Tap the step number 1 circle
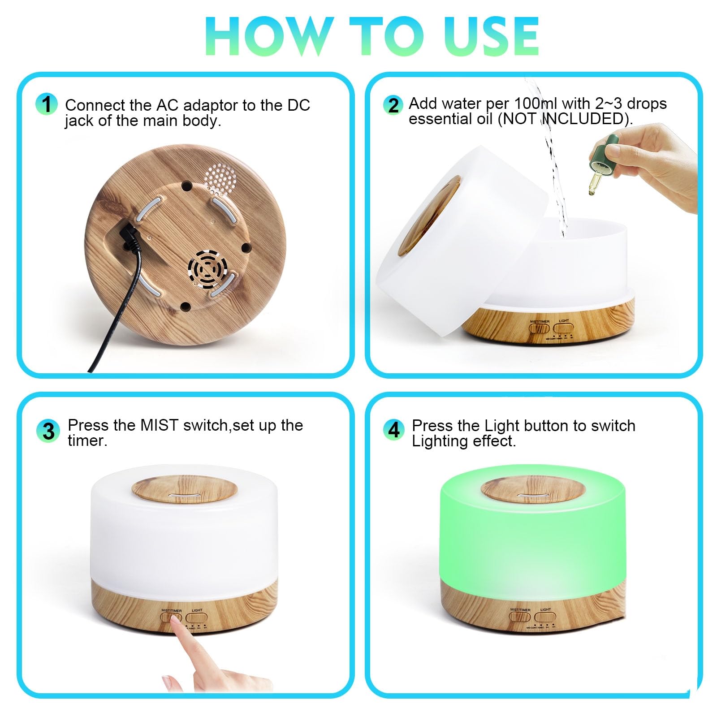[x=47, y=104]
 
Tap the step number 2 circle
[x=393, y=106]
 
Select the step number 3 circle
[x=48, y=432]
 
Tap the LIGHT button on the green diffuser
[x=545, y=617]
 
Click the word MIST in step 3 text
[x=159, y=425]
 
